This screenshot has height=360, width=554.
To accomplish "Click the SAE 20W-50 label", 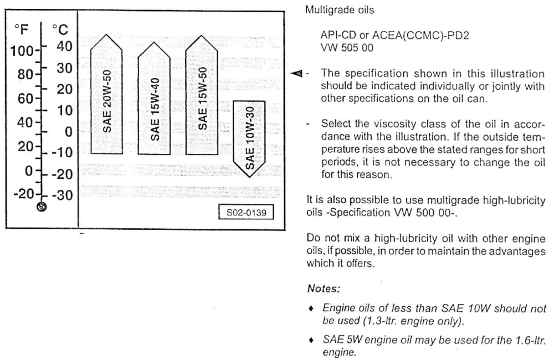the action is point(107,101).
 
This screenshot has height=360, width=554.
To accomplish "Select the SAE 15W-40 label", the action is point(155,109).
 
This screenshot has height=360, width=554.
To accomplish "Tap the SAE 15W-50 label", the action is point(202,99).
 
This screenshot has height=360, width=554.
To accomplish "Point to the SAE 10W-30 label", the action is point(249,138).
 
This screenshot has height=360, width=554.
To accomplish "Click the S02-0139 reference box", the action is point(247,212).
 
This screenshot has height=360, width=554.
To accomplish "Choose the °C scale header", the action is point(60,30).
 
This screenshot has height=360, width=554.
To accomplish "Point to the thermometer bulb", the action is point(42,207).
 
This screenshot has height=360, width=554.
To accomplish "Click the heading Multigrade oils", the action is point(340,10).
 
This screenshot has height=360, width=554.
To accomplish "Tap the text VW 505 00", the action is point(347,48).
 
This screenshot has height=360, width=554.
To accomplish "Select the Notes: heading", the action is point(324,289).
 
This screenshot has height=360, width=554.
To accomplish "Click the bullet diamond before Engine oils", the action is point(311,309).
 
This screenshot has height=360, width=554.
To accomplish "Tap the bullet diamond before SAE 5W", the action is point(311,340).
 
